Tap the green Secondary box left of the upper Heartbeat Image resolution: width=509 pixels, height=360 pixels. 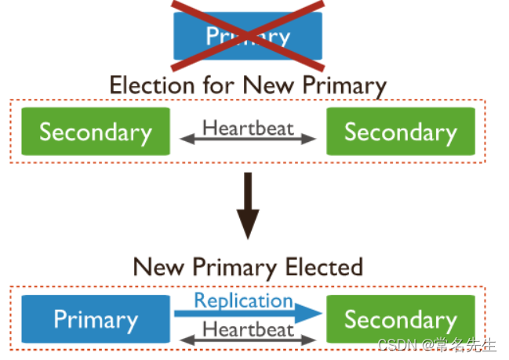point(95,132)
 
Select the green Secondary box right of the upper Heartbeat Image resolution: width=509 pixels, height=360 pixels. point(400,132)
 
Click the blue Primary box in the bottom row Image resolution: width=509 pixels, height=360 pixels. point(95,319)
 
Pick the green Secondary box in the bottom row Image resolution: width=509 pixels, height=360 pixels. point(400,319)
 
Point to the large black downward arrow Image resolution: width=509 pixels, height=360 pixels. point(248,206)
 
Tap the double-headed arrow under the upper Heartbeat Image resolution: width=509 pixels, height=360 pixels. point(248,140)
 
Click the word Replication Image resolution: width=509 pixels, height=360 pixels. point(243,300)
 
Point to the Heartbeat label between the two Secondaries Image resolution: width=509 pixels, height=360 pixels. point(248,127)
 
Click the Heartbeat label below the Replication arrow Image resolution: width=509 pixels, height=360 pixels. point(248,329)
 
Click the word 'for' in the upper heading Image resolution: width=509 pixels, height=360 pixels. point(220,85)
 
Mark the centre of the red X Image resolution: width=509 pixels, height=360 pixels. point(248,35)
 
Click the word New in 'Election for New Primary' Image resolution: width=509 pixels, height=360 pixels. point(268,85)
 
